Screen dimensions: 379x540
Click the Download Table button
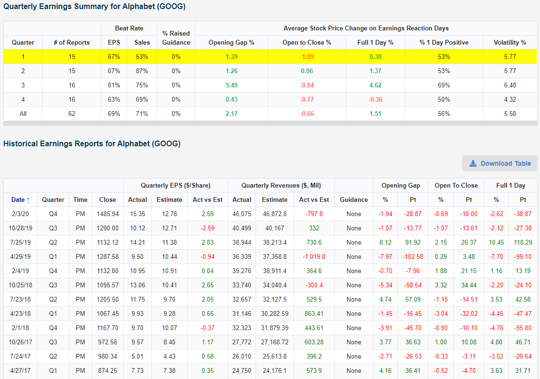[500, 163]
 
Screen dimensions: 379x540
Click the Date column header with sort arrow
[20, 200]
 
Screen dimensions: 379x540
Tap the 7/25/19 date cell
[20, 242]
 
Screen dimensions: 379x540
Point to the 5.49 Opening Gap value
[231, 85]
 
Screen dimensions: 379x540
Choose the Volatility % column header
[510, 42]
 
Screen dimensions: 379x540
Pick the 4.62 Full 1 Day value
[375, 85]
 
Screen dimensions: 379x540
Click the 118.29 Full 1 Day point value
[522, 242]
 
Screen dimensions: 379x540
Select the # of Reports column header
[72, 42]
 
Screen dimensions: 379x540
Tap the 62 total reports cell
[72, 114]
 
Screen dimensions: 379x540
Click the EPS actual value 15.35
[137, 214]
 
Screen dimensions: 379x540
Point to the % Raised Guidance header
[176, 38]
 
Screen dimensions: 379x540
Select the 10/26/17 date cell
[20, 342]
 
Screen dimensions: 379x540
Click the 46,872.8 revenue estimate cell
[275, 214]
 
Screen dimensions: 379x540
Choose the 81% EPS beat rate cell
[114, 85]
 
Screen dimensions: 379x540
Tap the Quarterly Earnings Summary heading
[94, 7]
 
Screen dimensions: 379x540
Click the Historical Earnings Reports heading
[92, 143]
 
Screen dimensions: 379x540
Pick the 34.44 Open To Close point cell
[469, 285]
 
